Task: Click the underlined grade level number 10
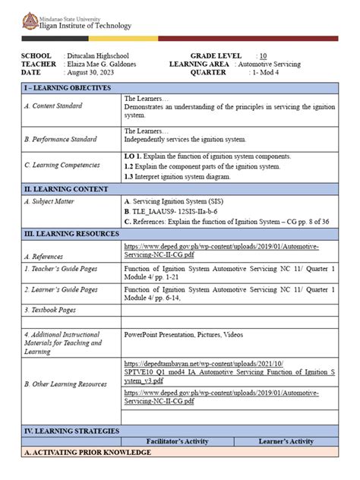(x=263, y=56)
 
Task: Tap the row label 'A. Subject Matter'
(x=49, y=201)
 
